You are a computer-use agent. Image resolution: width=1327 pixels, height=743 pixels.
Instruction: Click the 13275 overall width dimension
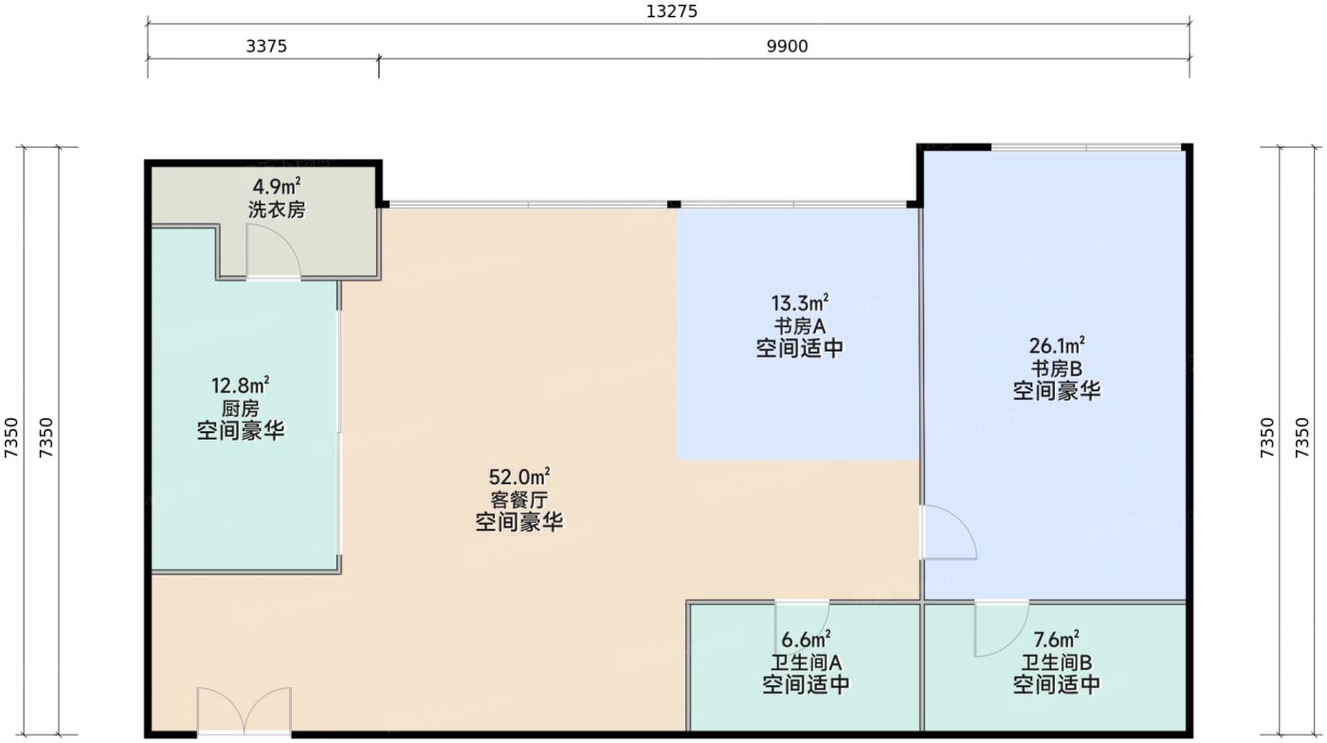point(671,11)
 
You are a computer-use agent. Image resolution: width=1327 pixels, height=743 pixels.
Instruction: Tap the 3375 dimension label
point(266,45)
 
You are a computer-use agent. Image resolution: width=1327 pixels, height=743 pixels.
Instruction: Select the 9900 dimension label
point(788,45)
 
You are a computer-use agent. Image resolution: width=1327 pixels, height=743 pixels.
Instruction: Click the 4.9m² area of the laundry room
point(277,187)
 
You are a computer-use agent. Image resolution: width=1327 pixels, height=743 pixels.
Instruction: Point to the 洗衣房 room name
point(277,209)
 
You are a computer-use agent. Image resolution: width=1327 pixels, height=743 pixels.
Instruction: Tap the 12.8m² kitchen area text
point(241,385)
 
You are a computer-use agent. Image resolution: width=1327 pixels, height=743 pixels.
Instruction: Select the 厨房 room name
point(241,408)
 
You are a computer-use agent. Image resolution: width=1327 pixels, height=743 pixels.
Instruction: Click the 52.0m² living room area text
point(519,476)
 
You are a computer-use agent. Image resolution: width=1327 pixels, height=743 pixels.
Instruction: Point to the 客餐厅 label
point(519,499)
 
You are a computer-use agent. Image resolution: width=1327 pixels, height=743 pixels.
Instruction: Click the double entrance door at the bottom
point(245,711)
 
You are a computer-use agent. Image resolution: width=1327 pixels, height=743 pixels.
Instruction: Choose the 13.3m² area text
point(800,302)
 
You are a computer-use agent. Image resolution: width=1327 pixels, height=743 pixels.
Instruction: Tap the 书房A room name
point(800,325)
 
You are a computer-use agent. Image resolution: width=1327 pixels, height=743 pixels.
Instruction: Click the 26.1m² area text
point(1057,345)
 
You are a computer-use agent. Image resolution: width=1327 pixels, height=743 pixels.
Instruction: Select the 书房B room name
point(1057,368)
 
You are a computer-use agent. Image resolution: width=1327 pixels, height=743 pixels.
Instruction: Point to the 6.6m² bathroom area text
point(806,639)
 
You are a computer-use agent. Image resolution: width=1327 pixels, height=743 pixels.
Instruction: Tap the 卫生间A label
point(806,661)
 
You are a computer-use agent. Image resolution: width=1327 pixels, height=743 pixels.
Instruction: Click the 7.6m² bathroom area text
point(1057,639)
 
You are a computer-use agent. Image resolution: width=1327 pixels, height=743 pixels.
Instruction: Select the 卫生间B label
point(1057,661)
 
